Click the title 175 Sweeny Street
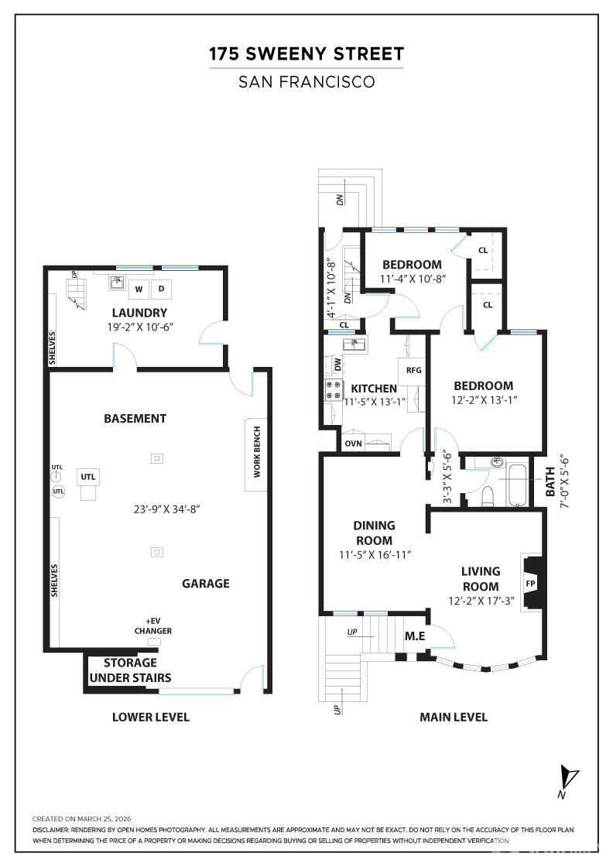[x=306, y=54]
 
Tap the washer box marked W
[x=139, y=290]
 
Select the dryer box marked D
[x=162, y=290]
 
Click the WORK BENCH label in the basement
[x=257, y=451]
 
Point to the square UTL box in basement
[x=87, y=477]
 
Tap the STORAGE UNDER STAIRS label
[x=130, y=670]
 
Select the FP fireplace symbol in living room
[x=530, y=583]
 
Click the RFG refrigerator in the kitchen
[x=413, y=370]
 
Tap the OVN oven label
[x=353, y=444]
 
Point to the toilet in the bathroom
[x=488, y=495]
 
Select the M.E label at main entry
[x=415, y=636]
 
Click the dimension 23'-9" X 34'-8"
[x=167, y=509]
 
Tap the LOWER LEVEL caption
[x=151, y=717]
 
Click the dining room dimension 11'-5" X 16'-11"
[x=374, y=555]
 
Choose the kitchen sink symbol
[x=355, y=343]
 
